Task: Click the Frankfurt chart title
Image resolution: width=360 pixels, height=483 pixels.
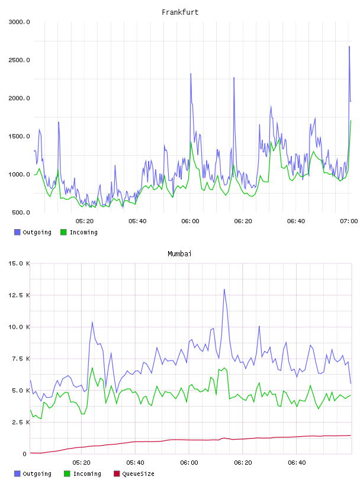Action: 180,12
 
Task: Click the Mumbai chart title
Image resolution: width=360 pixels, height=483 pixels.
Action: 179,254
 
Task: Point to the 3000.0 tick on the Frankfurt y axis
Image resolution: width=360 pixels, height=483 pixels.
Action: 19,22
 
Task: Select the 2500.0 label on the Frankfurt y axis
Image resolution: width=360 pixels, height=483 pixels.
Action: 19,60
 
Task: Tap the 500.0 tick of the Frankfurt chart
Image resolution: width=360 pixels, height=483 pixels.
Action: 21,212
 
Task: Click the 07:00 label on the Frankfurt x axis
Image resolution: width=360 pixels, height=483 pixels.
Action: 349,221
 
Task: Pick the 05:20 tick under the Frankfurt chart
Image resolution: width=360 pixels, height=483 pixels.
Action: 85,221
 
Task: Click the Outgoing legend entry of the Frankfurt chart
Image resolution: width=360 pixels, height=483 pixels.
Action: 33,232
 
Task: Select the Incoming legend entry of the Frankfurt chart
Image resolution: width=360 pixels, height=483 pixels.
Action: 79,232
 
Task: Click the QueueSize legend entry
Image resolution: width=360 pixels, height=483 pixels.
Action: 134,474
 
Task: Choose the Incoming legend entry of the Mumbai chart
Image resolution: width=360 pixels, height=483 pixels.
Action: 83,474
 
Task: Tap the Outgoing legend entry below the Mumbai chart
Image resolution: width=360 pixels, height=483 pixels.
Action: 33,474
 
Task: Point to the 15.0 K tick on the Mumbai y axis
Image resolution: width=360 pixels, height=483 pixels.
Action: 19,263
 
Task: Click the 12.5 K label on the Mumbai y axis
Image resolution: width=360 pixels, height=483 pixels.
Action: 19,295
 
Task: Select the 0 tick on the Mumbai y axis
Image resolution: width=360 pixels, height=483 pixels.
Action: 25,454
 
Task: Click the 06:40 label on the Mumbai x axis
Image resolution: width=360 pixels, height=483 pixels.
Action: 297,463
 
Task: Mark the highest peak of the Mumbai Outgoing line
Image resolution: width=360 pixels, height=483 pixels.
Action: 224,289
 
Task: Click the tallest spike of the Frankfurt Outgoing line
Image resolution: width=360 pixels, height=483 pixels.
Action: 349,47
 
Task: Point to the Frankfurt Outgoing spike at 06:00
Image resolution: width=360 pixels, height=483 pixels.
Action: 191,73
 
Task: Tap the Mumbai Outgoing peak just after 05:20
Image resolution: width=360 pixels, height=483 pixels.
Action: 92,322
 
